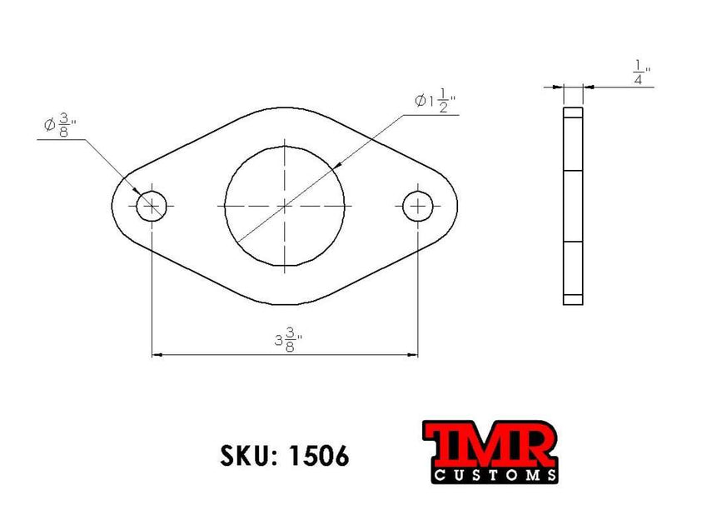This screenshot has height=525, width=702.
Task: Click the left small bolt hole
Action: (152, 205)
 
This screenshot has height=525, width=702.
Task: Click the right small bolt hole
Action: (418, 205)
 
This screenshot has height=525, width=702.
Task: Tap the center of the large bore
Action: (285, 205)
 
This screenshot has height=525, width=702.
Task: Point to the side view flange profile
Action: (573, 206)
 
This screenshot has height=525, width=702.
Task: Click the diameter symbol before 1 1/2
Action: (420, 101)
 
